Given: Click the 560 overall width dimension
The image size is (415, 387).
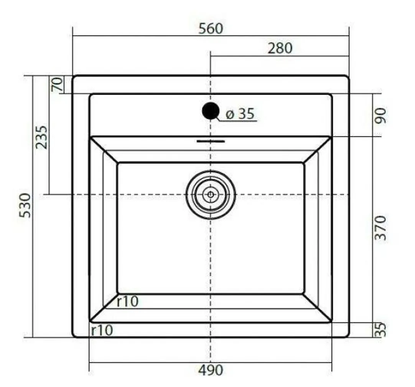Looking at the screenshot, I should click(x=211, y=29).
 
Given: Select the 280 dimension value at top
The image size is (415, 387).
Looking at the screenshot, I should click(x=280, y=48).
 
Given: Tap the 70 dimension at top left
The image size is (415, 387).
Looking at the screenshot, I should click(x=57, y=84).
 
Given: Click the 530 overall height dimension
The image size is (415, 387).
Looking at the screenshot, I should click(x=25, y=205).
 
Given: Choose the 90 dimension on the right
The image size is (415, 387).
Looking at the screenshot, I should click(x=380, y=115).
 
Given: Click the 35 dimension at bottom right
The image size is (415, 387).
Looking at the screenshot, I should click(x=380, y=330).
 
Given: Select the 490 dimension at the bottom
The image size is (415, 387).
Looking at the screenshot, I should click(x=210, y=370).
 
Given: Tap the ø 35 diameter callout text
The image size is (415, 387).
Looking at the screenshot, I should click(x=240, y=114).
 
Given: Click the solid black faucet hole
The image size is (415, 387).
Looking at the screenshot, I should click(x=210, y=111).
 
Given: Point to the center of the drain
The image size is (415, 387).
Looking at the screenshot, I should click(x=211, y=195).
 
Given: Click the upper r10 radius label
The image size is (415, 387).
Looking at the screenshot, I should click(x=127, y=302).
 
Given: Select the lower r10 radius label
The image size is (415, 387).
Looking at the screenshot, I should click(x=102, y=330).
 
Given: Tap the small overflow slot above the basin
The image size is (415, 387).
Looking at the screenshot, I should click(x=211, y=141).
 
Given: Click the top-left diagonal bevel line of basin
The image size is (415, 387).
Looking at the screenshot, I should click(x=104, y=150).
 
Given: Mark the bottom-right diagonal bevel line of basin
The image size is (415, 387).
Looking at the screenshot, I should click(x=318, y=308).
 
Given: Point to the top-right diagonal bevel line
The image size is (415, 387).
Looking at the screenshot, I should click(x=318, y=150).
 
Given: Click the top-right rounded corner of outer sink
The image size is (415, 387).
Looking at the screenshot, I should click(x=347, y=78).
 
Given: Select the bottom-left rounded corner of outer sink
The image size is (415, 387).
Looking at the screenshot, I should click(x=74, y=335).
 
